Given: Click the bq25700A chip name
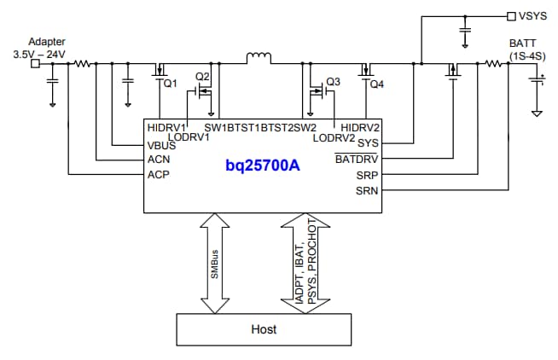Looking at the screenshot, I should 263,165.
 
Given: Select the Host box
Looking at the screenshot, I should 264,328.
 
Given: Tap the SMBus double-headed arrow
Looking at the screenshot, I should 216,263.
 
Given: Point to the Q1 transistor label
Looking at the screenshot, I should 169,84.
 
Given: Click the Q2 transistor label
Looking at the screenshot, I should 202,76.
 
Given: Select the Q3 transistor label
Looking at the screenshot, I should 333,82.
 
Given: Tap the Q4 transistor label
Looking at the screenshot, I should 378,84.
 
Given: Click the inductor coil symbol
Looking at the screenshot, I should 258,58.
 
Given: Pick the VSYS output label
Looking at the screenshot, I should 535,15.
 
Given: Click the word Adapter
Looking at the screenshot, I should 46,42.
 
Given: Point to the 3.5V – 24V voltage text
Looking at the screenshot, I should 39,54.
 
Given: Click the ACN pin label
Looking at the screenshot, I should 159,159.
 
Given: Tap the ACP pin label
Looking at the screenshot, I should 159,174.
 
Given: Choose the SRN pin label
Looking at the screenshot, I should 368,190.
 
